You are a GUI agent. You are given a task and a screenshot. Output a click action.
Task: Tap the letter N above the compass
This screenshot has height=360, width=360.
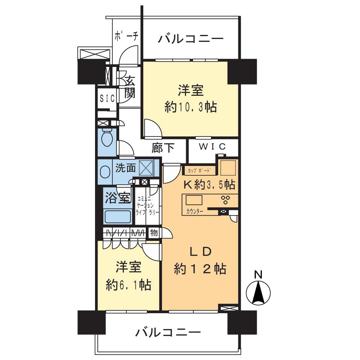coord(258,275)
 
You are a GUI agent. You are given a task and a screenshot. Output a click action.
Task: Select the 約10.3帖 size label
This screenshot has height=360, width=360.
coord(190,107)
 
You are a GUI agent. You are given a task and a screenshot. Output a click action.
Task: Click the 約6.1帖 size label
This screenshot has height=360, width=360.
coord(128,285)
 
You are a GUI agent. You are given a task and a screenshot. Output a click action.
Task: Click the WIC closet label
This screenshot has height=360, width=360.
coord(213,147)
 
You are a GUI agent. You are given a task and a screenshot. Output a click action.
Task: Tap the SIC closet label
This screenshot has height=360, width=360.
coord(107,98)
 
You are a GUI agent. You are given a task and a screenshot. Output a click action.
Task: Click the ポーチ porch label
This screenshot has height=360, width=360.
coord(126,37)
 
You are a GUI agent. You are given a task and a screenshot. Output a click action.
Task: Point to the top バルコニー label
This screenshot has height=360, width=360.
coord(191,39)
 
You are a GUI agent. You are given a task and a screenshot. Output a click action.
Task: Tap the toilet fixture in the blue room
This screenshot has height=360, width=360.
coord(107,138)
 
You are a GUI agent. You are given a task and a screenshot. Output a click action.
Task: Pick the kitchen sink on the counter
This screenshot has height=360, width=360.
coord(194,199)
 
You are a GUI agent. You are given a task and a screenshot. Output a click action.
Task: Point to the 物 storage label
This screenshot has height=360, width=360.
coord(154,233)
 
